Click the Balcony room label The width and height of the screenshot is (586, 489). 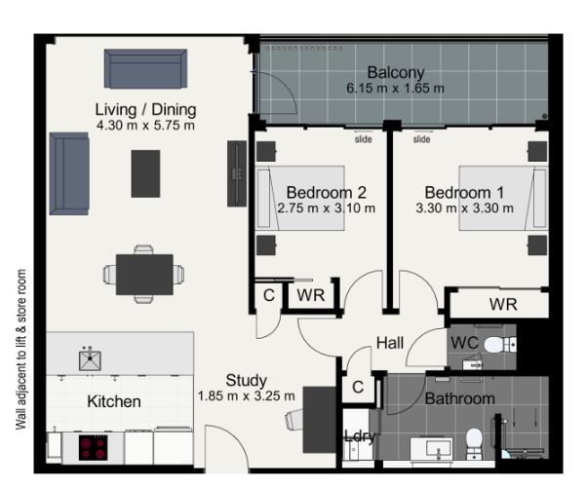[x=396, y=72]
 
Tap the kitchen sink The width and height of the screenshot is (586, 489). [x=90, y=360]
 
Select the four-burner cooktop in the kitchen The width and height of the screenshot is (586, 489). [x=93, y=447]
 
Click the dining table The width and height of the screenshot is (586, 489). [x=144, y=275]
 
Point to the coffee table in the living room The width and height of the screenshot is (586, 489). [x=145, y=173]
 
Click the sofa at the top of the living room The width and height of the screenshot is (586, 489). [x=145, y=69]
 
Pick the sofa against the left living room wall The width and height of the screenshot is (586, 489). [x=69, y=174]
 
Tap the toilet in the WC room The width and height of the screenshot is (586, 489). [x=500, y=344]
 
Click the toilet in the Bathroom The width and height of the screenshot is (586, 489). [x=475, y=443]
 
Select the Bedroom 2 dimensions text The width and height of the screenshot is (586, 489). [x=327, y=207]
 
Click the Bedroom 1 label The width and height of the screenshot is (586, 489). [x=464, y=193]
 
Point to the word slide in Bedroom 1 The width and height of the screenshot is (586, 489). [x=421, y=139]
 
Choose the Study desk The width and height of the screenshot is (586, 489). [x=320, y=420]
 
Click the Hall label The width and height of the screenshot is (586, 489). [x=390, y=343]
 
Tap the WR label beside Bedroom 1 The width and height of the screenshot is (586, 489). [x=503, y=305]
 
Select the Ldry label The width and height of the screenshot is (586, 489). [x=360, y=436]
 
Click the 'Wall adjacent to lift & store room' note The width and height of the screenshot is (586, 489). [x=20, y=350]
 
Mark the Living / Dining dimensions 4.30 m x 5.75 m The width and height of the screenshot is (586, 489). [x=145, y=125]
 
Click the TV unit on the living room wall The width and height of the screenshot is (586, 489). [x=237, y=173]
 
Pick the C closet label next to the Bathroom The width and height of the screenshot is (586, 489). [x=358, y=387]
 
